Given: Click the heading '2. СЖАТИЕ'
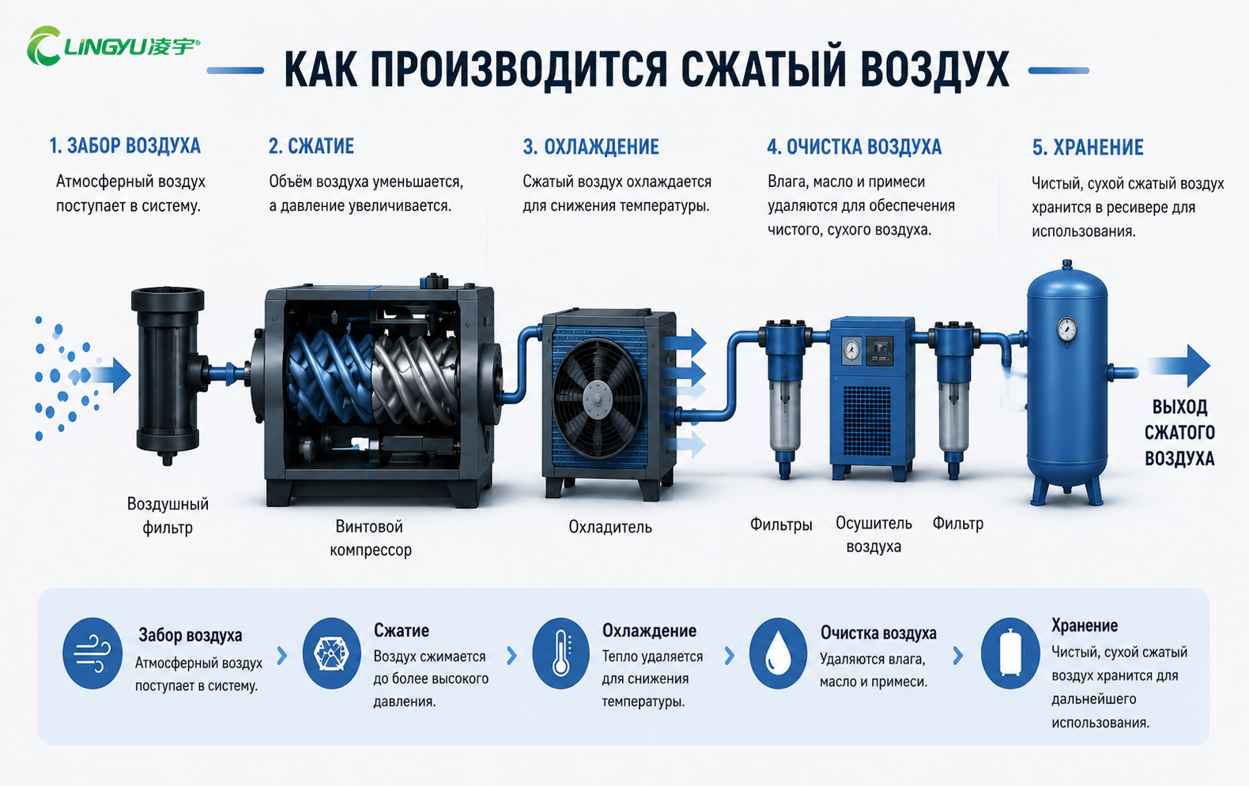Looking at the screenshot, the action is tap(311, 146).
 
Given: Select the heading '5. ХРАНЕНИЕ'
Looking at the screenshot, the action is tap(1087, 148).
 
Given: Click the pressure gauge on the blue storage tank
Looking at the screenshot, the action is tap(1066, 329).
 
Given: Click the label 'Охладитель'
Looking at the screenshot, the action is tap(610, 527).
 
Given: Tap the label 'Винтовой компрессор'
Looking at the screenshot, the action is tap(370, 538).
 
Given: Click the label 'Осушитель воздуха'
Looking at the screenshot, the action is tap(874, 535).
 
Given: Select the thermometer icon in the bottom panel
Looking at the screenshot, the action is tap(561, 652).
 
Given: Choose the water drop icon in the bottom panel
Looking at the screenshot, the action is tap(778, 653).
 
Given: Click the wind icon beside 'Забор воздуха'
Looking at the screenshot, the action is tap(92, 653).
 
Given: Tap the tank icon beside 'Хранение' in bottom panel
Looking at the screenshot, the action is tap(1010, 653).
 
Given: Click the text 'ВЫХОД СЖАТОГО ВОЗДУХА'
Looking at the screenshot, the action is tap(1180, 433).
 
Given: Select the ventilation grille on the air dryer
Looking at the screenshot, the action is tap(867, 420).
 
